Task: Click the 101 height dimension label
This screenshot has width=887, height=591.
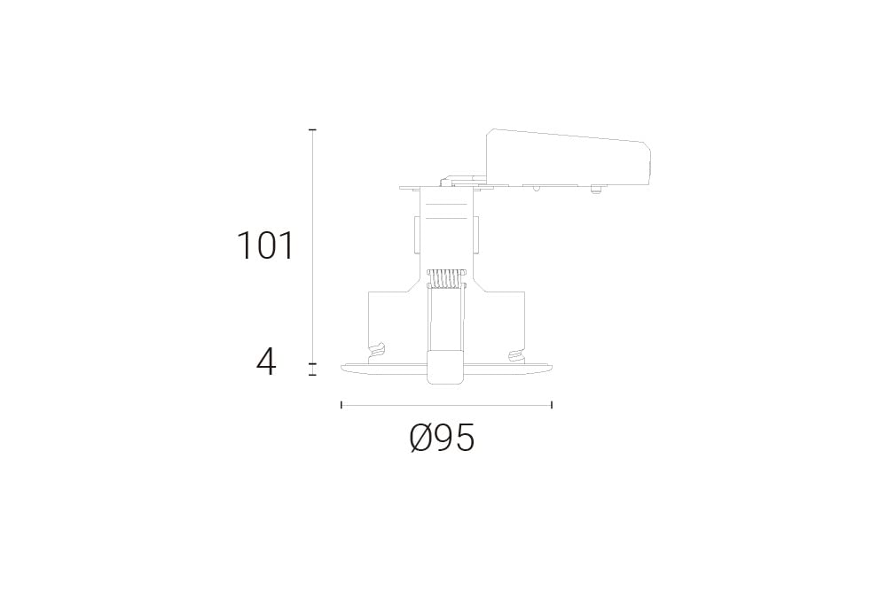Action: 266,245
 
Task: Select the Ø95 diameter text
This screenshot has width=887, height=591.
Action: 442,438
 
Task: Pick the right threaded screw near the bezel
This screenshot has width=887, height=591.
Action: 515,357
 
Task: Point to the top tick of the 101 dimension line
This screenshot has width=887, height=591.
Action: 312,130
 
